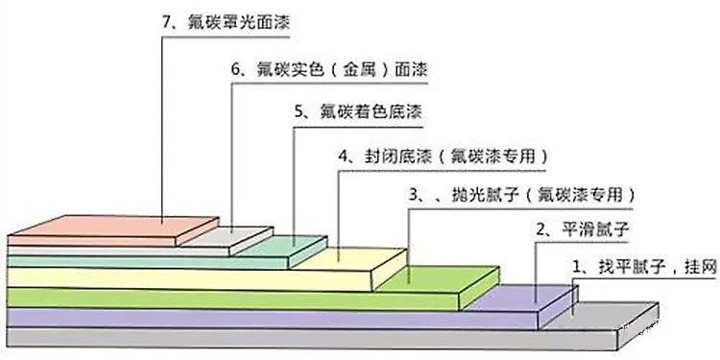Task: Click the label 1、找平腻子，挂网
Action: click(x=644, y=264)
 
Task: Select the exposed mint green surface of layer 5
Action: click(x=288, y=246)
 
